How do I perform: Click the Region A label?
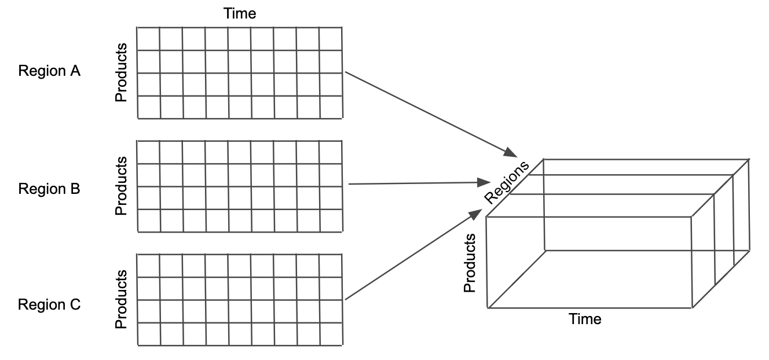click(49, 71)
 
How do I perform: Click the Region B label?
click(49, 189)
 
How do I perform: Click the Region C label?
click(49, 304)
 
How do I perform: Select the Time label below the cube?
click(585, 319)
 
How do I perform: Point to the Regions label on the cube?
click(507, 182)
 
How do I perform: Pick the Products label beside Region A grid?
click(121, 72)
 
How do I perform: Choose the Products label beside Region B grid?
click(121, 186)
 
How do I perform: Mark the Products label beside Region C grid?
click(121, 299)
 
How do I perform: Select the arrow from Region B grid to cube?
click(417, 183)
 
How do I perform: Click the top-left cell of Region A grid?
click(148, 39)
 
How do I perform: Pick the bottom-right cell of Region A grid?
click(330, 107)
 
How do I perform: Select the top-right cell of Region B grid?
click(330, 152)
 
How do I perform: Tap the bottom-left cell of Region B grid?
click(148, 220)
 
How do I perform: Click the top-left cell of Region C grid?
click(148, 265)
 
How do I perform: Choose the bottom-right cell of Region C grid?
click(330, 334)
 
